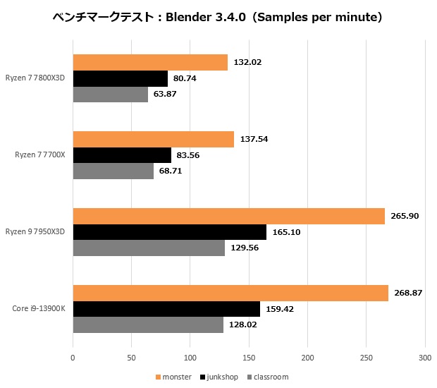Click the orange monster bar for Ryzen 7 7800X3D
coord(150,62)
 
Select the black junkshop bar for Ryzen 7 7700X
coord(122,155)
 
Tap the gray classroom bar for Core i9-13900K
coord(148,325)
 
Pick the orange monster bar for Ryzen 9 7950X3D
coord(229,216)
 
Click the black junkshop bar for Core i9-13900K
coord(166,309)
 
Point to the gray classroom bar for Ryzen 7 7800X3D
coord(111,94)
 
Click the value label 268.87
coord(408,293)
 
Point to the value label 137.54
coord(254,139)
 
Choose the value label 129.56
coord(245,248)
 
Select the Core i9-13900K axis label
coord(39,309)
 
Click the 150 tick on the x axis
coord(248,358)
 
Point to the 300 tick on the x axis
coord(424,358)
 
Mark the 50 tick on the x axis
coord(131,358)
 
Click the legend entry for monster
coord(173,377)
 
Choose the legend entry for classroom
coord(267,377)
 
